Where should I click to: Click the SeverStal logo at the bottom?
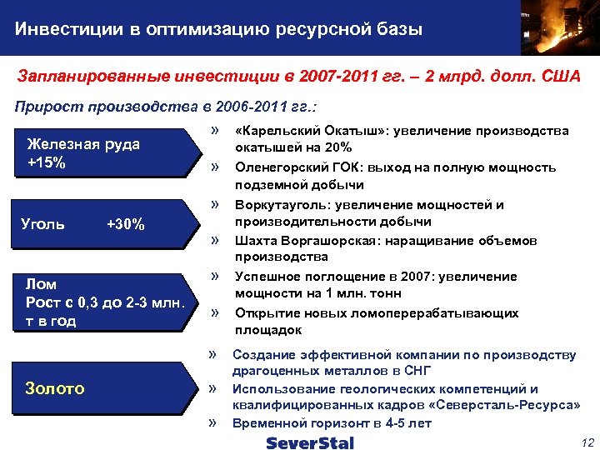(x=310, y=442)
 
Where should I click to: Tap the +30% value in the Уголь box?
(x=127, y=224)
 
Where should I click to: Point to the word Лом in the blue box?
(x=42, y=284)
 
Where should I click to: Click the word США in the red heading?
(x=560, y=77)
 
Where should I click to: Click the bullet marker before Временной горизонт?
(x=213, y=422)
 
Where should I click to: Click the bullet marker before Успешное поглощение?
(x=216, y=276)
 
